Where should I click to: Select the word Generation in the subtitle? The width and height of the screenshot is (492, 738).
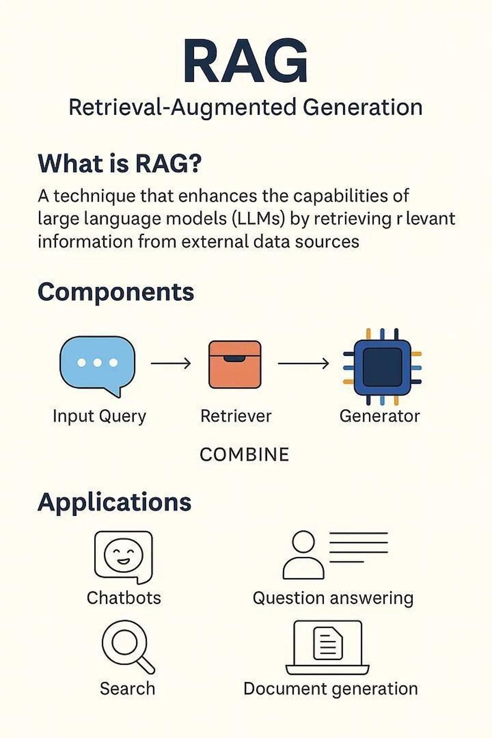pyautogui.click(x=362, y=107)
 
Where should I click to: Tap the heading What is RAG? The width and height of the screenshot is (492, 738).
pyautogui.click(x=120, y=163)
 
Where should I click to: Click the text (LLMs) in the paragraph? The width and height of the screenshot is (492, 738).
pyautogui.click(x=258, y=219)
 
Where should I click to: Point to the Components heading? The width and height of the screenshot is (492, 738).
pyautogui.click(x=116, y=292)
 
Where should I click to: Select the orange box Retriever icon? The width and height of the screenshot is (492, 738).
pyautogui.click(x=235, y=364)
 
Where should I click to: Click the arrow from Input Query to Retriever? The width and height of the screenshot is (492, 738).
pyautogui.click(x=171, y=363)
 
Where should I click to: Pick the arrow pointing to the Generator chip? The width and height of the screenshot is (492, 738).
pyautogui.click(x=303, y=363)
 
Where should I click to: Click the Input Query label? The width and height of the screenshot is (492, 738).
pyautogui.click(x=99, y=416)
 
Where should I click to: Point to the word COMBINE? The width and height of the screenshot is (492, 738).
pyautogui.click(x=244, y=454)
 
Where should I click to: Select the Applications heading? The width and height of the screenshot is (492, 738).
pyautogui.click(x=114, y=502)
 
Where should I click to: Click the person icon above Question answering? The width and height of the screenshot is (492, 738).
pyautogui.click(x=303, y=556)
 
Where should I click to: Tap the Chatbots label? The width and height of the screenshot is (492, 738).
pyautogui.click(x=124, y=598)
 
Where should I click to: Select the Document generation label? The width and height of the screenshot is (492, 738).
pyautogui.click(x=330, y=688)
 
